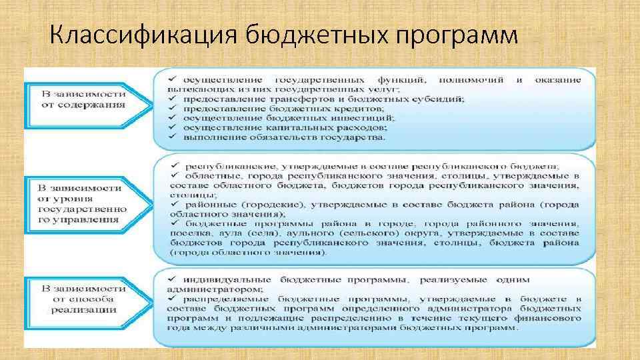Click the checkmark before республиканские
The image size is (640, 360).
pyautogui.click(x=173, y=165)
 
